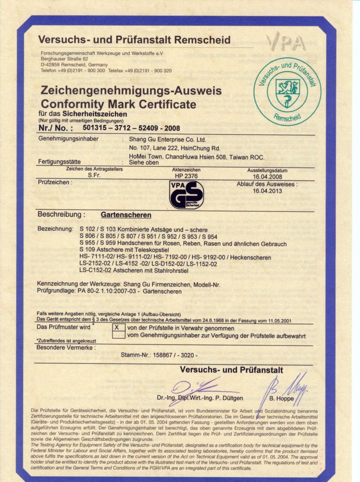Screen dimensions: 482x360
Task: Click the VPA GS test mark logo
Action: tap(186, 194)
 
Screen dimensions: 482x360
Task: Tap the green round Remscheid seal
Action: tap(287, 91)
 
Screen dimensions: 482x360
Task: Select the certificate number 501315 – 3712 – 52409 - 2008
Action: tap(131, 128)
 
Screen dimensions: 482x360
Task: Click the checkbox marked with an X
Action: tap(119, 327)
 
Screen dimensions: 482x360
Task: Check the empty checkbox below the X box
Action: tap(119, 335)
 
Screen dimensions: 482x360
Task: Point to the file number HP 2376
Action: tap(186, 176)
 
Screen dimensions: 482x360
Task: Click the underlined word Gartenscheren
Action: tap(126, 215)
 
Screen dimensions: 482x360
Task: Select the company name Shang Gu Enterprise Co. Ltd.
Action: tap(168, 139)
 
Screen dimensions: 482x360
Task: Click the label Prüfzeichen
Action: tap(55, 182)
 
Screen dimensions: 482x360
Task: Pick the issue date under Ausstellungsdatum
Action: tap(267, 177)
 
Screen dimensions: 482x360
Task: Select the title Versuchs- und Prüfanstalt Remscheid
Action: tap(134, 40)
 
